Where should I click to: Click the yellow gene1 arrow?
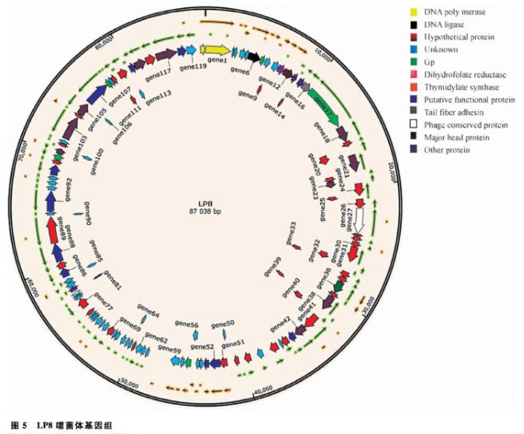tap(215, 50)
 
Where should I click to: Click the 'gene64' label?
tap(149, 314)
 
